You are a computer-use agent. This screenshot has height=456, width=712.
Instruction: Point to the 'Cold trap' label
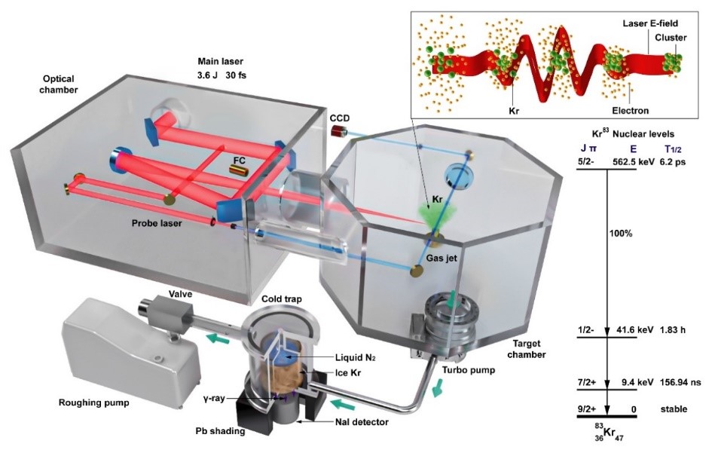(283, 299)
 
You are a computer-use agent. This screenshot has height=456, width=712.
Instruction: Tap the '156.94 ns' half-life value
(681, 381)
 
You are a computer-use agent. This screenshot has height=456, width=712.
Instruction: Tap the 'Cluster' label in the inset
(670, 38)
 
